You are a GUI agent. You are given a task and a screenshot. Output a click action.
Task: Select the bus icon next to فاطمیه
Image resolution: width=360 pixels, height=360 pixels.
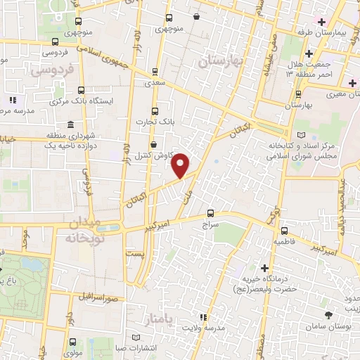tap(284, 230)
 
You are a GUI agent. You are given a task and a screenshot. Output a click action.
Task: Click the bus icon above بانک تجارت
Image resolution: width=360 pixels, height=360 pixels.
tap(155, 111)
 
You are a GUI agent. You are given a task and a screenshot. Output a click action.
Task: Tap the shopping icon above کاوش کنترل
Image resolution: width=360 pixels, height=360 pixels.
tap(153, 144)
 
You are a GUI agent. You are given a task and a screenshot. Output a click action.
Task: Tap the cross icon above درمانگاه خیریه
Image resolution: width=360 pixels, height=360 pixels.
tap(264, 268)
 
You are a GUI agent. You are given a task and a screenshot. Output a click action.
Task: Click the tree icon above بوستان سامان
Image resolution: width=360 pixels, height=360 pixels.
tap(328, 316)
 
